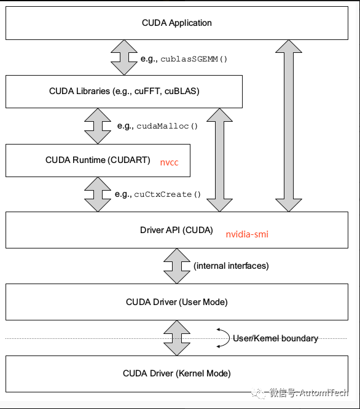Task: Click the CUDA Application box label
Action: pos(176,23)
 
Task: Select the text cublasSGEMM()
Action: pos(194,59)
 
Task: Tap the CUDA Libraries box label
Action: pos(124,91)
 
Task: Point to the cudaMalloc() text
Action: pos(167,126)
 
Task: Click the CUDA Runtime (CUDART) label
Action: pos(98,160)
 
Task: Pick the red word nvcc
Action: pos(170,162)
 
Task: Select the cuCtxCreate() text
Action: pos(167,194)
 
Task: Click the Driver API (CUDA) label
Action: pos(176,230)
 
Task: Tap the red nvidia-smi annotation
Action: pos(247,234)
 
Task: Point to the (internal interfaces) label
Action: pos(231,266)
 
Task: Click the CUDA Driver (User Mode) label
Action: pos(176,302)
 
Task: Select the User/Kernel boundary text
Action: pos(275,338)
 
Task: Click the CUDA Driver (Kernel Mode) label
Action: pos(176,373)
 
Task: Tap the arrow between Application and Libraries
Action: pos(124,57)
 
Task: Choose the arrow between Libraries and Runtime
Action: pos(98,126)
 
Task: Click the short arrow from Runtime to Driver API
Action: pos(98,194)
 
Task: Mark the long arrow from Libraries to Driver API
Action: pos(219,160)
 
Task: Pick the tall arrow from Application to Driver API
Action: pos(289,125)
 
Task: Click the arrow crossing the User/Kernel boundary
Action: pos(176,338)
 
